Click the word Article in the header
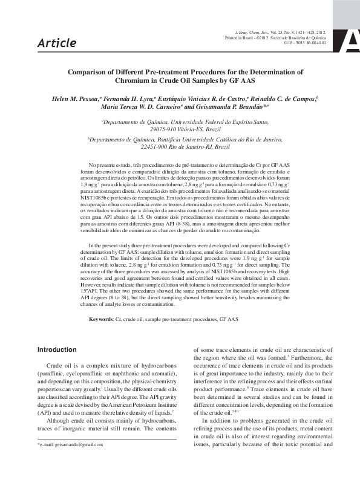pos(56,43)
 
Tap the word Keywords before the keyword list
pos(100,318)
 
